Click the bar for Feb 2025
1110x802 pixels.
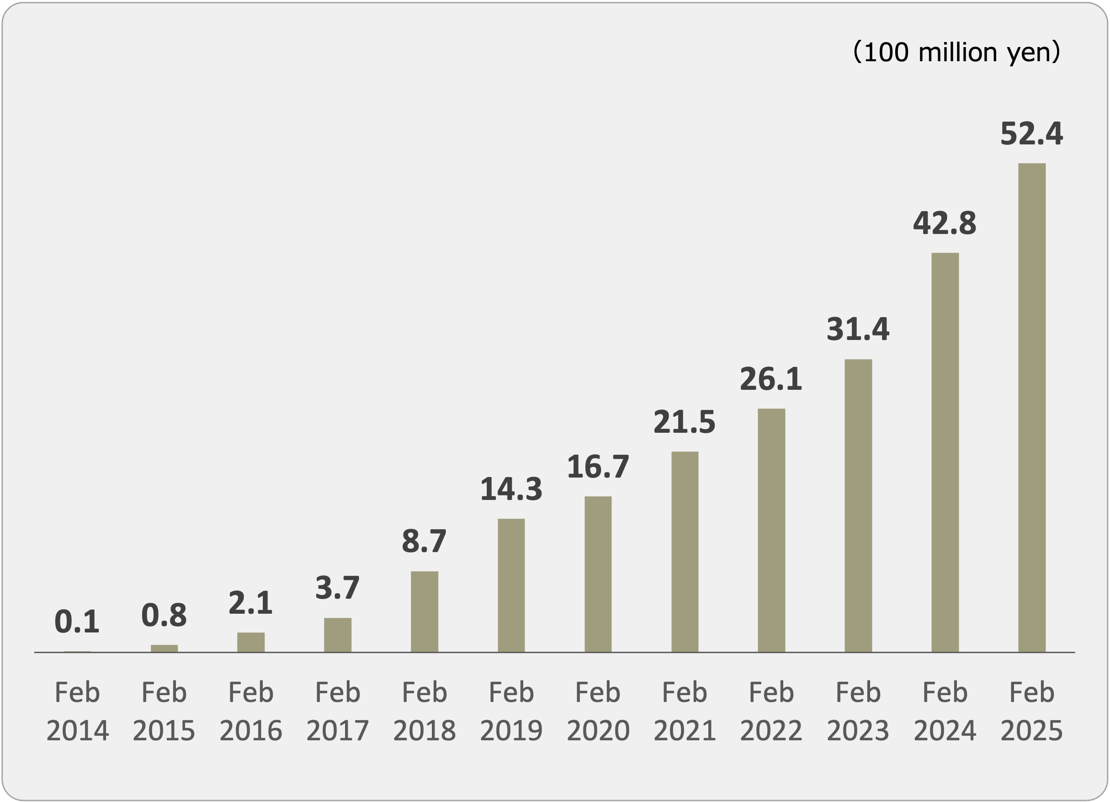(1032, 407)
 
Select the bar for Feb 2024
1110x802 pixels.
(945, 452)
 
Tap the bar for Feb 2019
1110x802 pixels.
(511, 585)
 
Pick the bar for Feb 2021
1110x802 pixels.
(685, 552)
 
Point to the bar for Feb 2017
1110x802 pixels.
(337, 635)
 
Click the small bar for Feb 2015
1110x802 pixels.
(164, 648)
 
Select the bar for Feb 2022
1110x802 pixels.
(771, 530)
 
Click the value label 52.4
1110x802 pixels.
(1031, 133)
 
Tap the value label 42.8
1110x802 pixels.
(945, 223)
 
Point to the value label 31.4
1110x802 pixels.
(858, 329)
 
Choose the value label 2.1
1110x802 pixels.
(250, 603)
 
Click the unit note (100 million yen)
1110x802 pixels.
(956, 52)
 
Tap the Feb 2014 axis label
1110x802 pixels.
(77, 712)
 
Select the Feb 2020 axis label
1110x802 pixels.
(598, 712)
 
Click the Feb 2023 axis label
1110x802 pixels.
(858, 712)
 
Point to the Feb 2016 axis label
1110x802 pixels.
(250, 712)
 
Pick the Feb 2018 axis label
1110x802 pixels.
(425, 712)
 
